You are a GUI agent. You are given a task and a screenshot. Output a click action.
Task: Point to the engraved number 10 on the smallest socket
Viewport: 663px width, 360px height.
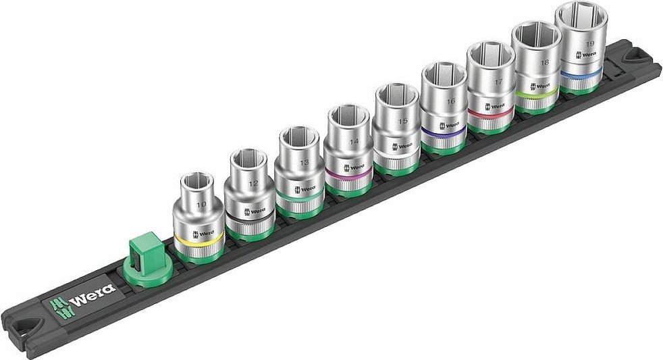[200, 203]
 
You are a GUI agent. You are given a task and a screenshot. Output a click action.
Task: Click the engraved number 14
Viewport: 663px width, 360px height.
[353, 143]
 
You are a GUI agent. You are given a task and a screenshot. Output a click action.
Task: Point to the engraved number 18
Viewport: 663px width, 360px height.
[544, 62]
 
